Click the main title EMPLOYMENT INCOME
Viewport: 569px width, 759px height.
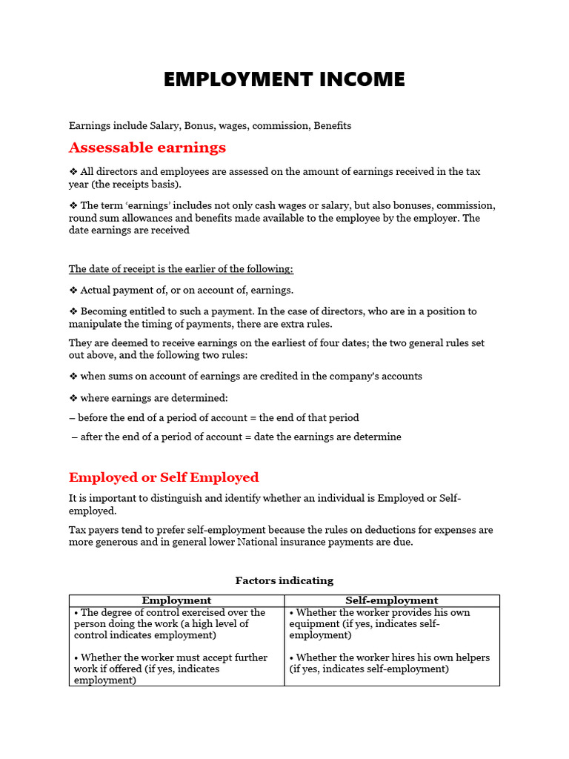(284, 79)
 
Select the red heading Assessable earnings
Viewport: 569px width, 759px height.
(147, 148)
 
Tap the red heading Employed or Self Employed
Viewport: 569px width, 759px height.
(164, 477)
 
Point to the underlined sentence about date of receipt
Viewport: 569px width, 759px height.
(181, 269)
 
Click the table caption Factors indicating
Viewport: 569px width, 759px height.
(284, 580)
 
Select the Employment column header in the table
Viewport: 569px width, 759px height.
(176, 600)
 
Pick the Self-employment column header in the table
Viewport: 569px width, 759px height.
(392, 600)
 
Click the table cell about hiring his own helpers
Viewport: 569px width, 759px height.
(389, 663)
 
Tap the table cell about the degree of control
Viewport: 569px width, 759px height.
(170, 623)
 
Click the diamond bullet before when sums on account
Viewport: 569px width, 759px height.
(73, 377)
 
